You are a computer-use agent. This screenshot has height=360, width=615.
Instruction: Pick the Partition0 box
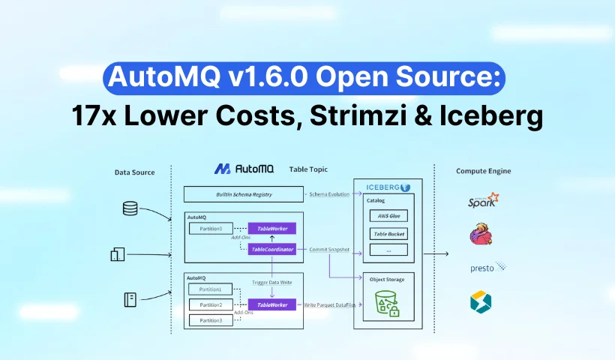206,228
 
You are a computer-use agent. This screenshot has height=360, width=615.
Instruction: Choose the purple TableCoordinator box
272,249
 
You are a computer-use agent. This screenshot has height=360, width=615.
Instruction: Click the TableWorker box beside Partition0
272,228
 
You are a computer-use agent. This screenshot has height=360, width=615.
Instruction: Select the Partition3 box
206,320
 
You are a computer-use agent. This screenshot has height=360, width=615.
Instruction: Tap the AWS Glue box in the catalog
388,216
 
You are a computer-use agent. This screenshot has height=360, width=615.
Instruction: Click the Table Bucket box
388,233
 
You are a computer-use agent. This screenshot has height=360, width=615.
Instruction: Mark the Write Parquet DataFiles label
331,304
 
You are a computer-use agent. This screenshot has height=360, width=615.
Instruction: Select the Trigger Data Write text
272,282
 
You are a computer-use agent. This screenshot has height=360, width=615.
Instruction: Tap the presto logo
486,266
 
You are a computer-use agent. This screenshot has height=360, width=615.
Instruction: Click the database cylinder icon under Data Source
130,209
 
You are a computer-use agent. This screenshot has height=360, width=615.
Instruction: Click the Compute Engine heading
483,172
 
